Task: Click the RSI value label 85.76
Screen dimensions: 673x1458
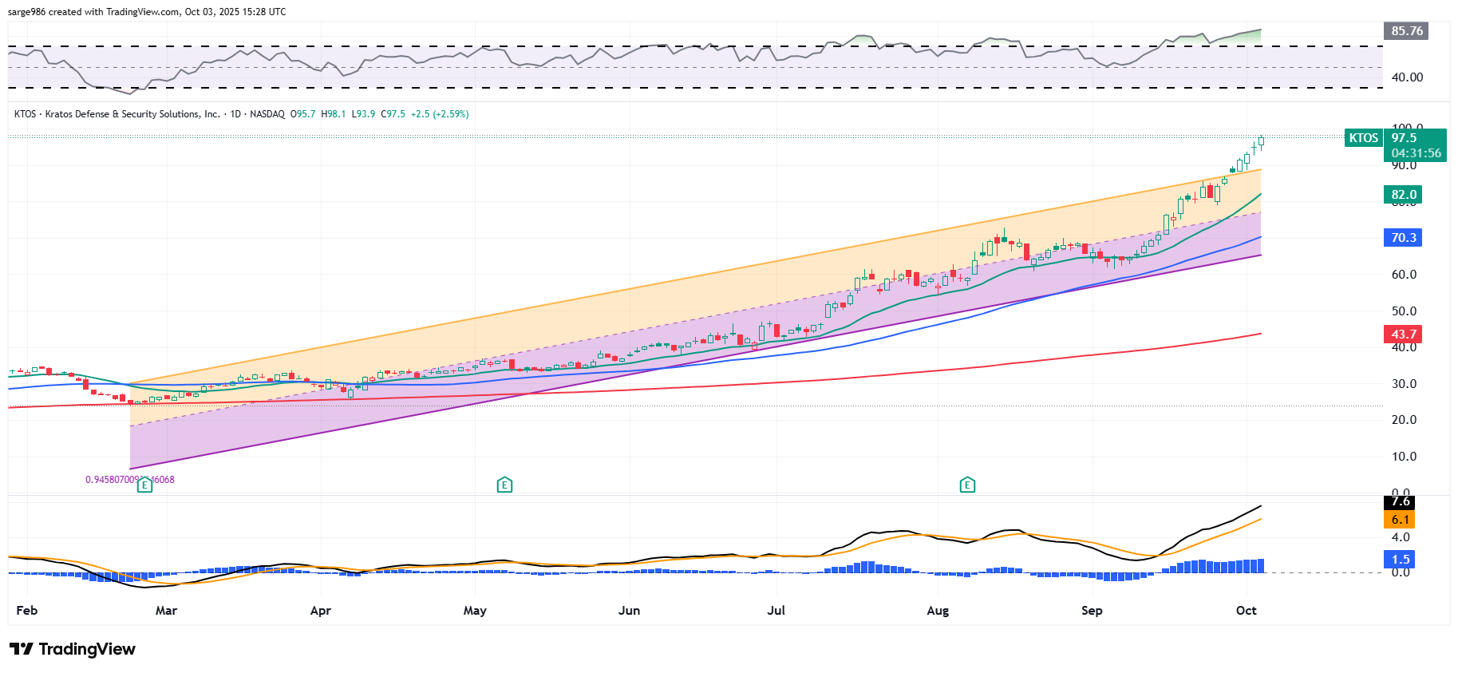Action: click(1406, 31)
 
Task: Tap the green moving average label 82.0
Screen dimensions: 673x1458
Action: click(1403, 195)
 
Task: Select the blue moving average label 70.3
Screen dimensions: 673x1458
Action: click(1403, 238)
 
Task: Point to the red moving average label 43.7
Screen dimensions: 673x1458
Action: click(1403, 335)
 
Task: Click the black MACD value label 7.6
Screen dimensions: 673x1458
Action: click(1401, 502)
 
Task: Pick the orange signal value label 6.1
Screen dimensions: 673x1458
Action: click(1401, 520)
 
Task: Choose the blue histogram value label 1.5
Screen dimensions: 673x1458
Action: click(1401, 560)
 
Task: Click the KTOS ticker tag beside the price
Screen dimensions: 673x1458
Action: click(1363, 138)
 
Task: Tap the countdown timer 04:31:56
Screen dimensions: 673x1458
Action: click(1416, 153)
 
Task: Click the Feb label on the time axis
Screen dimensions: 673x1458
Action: click(26, 611)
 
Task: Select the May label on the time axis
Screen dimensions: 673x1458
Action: click(475, 611)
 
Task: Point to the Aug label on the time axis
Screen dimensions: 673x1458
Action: click(938, 611)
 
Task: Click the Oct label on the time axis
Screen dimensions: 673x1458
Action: click(1246, 611)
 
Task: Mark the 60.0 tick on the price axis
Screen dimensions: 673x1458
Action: click(1404, 275)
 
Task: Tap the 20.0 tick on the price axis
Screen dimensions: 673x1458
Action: click(1404, 420)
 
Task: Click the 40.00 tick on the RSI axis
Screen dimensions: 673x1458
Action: click(1406, 77)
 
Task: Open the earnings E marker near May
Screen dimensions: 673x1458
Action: click(504, 485)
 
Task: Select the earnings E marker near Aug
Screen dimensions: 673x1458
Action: click(967, 485)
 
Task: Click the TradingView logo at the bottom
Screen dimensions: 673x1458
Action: click(73, 649)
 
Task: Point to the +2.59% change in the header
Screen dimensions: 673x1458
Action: click(451, 114)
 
